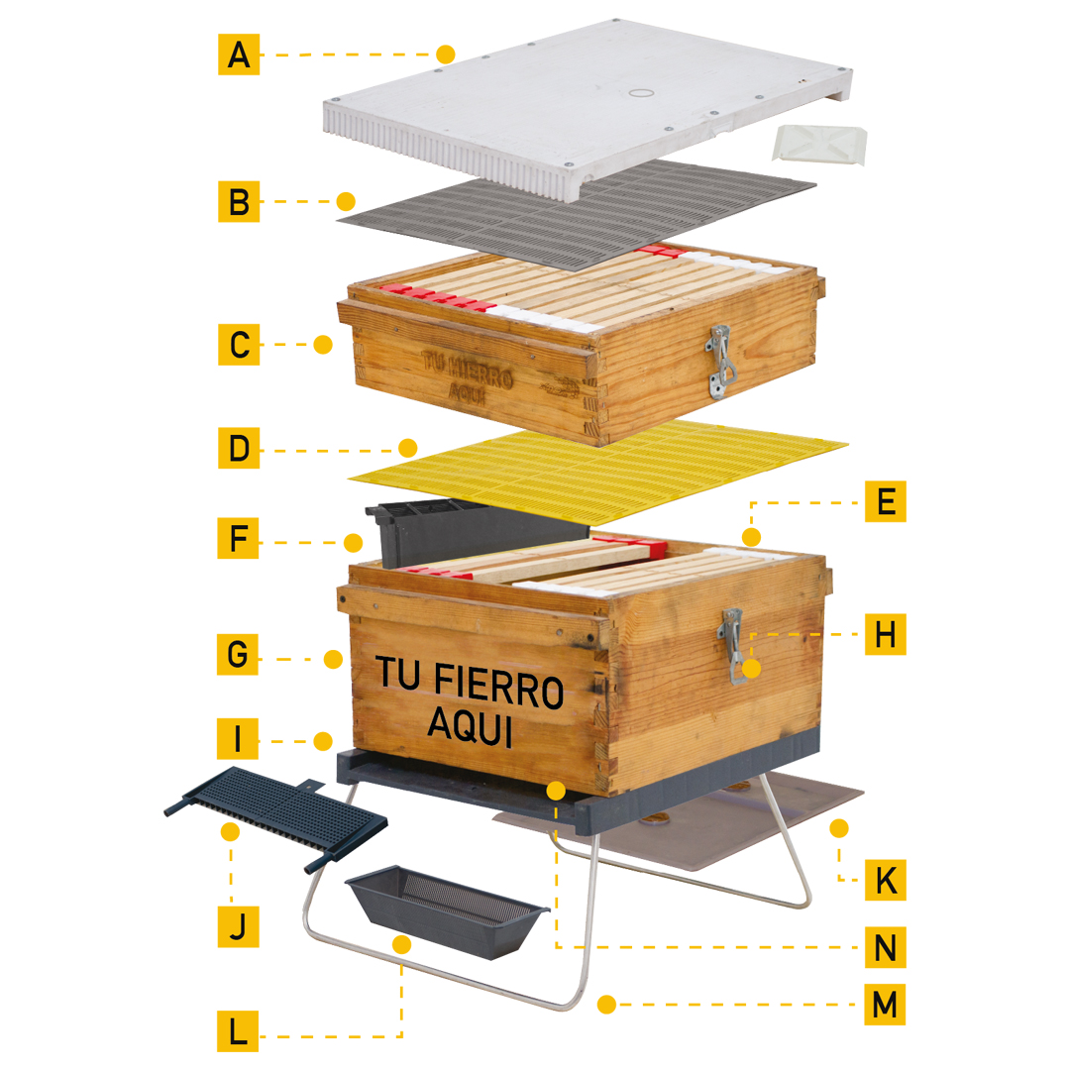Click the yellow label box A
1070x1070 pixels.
pos(239,54)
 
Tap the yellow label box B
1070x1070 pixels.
pos(239,201)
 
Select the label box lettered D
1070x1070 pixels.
pos(239,449)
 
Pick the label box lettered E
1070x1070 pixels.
pos(885,501)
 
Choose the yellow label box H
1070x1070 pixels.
pos(885,635)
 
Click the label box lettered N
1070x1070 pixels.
pos(885,947)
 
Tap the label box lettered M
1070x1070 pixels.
pos(885,1005)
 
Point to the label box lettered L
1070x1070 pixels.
pos(238,1031)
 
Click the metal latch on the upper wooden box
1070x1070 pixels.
pos(720,361)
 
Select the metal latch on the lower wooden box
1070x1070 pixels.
pos(731,645)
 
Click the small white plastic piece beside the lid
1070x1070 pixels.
pos(819,144)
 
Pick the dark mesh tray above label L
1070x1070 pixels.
pos(447,911)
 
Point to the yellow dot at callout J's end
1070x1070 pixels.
pos(231,832)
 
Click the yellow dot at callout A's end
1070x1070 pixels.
pos(446,54)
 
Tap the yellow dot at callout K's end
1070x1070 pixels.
pos(839,828)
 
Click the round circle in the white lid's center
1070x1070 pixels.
pos(641,93)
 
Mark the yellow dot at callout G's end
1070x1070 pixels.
pos(333,659)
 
